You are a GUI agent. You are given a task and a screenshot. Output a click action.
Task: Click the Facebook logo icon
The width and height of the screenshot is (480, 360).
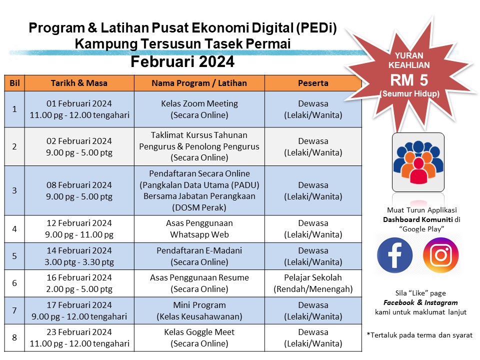pos(394,255)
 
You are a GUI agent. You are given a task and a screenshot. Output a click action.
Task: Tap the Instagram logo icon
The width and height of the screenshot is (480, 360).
pos(441,255)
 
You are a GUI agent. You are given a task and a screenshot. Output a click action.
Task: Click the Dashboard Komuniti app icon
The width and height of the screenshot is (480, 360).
pos(418,162)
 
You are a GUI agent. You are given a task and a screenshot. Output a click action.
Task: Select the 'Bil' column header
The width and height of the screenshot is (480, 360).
pos(14,83)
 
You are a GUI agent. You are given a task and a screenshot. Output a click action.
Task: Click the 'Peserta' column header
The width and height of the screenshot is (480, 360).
pos(313,83)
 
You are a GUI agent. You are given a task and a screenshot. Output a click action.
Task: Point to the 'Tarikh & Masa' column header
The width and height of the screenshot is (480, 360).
pos(79,83)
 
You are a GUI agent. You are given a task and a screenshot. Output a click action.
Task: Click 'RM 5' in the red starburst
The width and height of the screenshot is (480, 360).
pos(409,80)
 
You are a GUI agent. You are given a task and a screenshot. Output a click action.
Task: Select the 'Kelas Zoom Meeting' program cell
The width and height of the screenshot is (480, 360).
pos(199,109)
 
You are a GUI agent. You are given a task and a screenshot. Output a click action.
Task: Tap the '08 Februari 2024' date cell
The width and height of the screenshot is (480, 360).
pos(79,190)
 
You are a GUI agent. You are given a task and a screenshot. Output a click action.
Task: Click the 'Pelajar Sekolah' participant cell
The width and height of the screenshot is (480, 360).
pos(313,283)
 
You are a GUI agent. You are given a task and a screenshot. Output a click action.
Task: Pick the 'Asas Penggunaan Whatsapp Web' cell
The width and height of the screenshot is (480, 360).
pos(199,228)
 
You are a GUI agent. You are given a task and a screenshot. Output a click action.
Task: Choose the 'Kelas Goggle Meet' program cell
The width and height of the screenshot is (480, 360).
pos(199,337)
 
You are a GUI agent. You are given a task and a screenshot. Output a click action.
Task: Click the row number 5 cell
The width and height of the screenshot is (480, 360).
pos(14,256)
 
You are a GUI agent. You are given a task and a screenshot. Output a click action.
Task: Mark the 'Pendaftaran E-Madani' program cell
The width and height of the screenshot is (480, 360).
pos(199,256)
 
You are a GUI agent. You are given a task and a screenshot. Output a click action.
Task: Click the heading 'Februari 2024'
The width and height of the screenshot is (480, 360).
pos(182,61)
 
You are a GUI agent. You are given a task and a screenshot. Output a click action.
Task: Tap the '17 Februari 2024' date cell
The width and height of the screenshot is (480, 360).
pos(79,310)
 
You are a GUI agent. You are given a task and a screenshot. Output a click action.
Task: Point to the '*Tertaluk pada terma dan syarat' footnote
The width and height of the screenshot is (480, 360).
pos(419,335)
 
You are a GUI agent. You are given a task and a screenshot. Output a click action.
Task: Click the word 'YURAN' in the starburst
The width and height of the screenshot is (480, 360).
pos(409,55)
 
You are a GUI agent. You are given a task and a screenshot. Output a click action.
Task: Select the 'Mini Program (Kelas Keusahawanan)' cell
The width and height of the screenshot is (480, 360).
pos(199,310)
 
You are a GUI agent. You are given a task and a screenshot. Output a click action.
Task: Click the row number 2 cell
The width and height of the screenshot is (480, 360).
pos(14,146)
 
